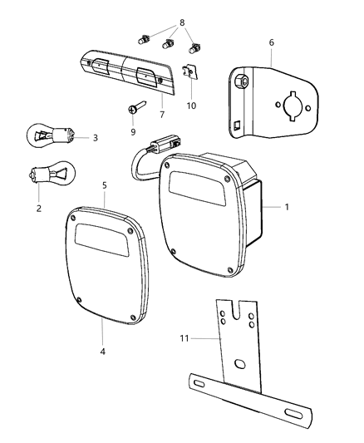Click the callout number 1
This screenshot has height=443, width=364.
coord(287,206)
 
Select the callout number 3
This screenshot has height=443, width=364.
coord(96,137)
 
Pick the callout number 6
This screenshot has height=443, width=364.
coord(271,41)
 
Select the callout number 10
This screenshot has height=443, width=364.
coord(192,106)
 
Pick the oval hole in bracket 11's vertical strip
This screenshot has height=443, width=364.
coord(238,366)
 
